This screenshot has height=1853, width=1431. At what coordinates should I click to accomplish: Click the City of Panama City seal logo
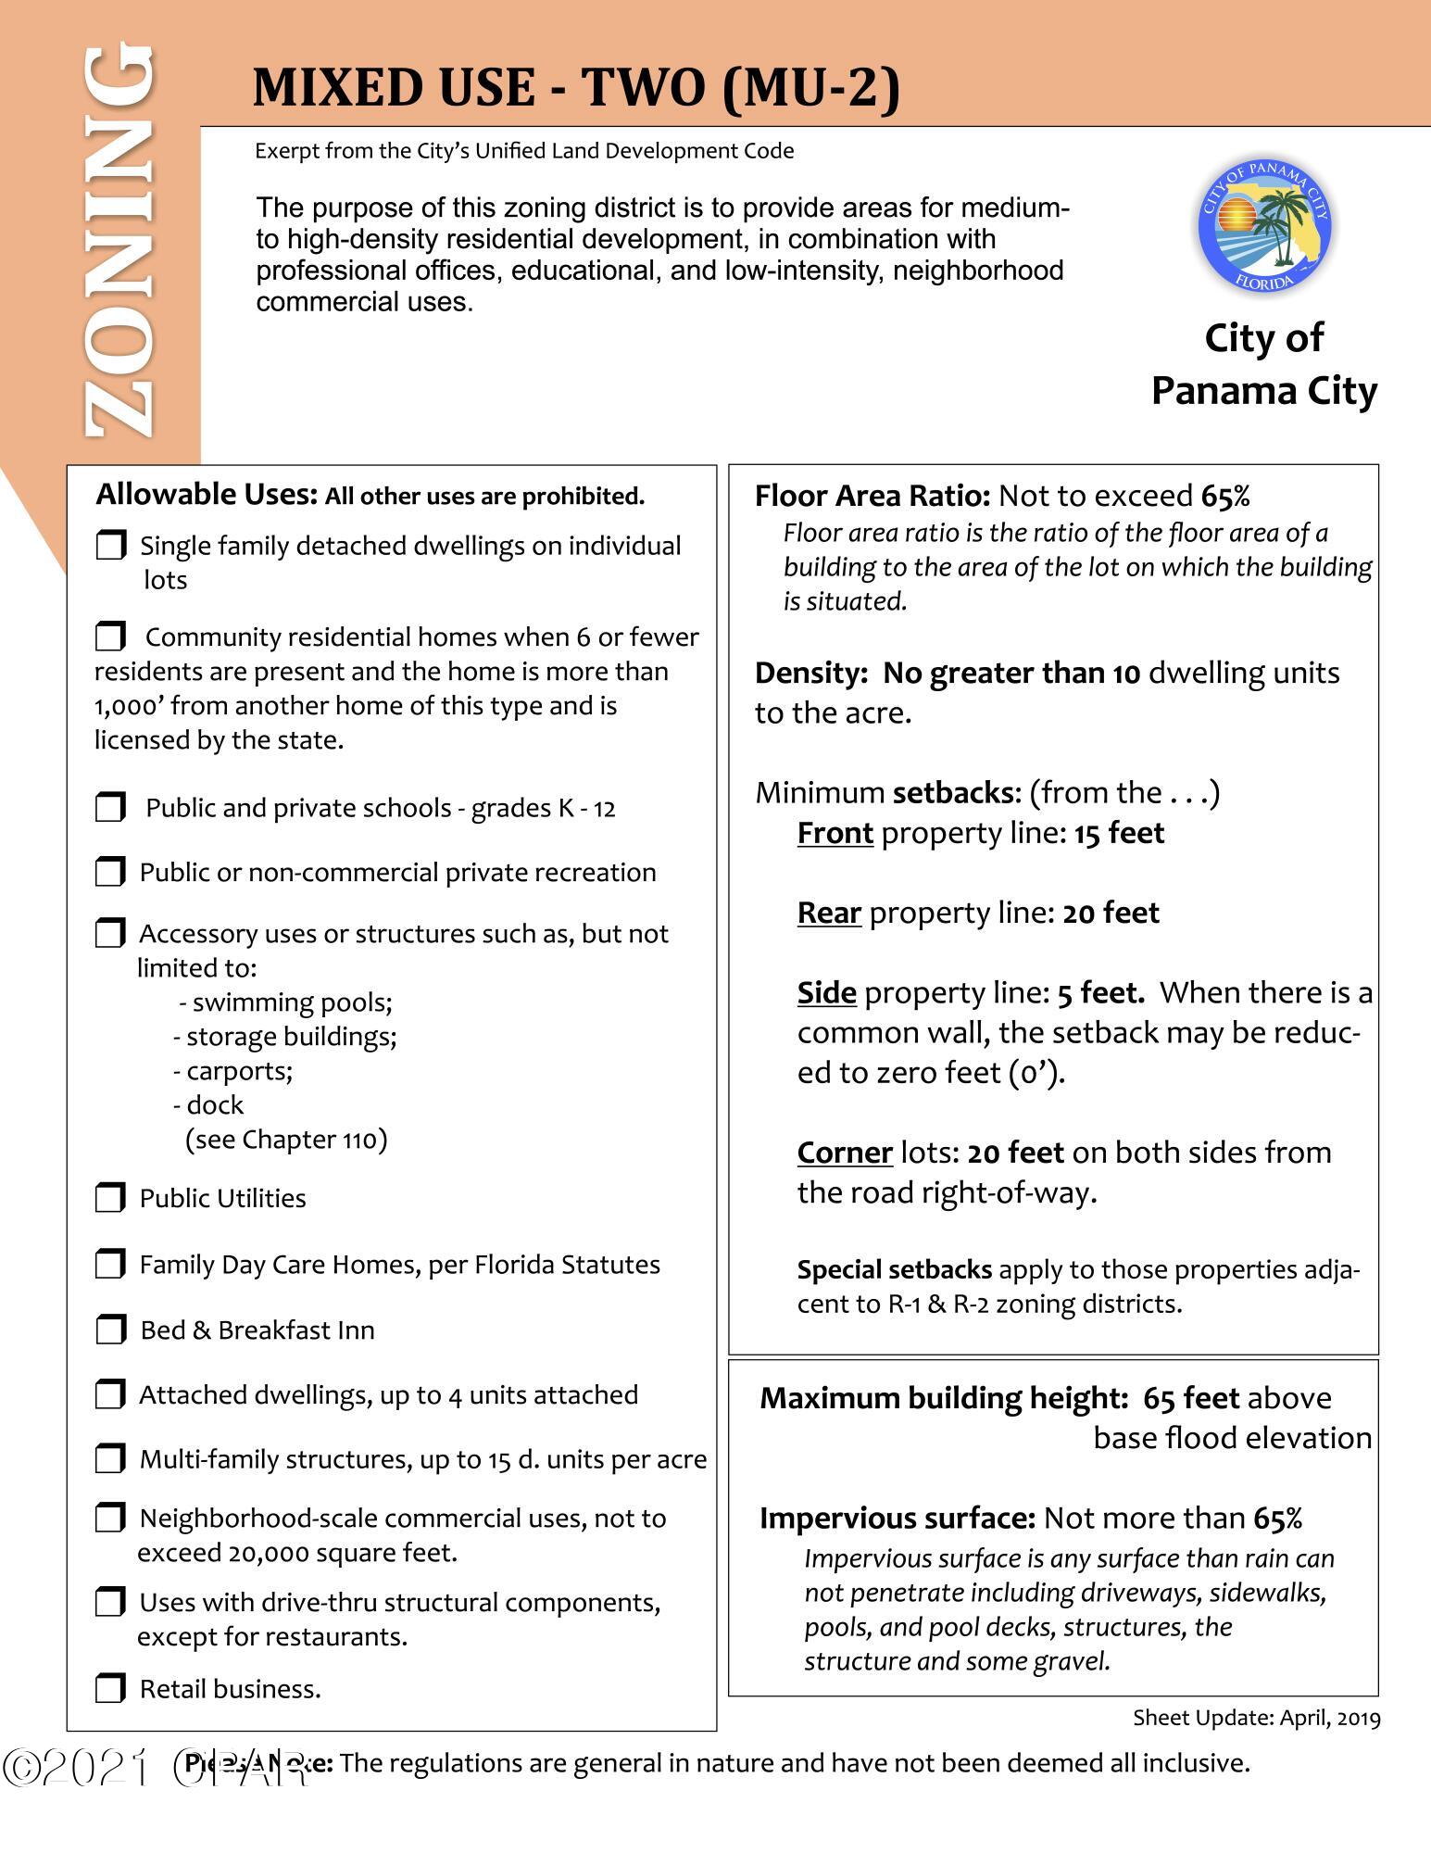(x=1264, y=225)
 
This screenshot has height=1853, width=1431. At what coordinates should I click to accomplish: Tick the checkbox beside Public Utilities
(x=110, y=1198)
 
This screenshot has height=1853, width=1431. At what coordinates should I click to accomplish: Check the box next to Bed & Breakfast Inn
(x=110, y=1330)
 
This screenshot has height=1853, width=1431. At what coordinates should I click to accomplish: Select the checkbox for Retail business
(x=110, y=1689)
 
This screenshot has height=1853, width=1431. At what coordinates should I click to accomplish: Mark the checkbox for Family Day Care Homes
(x=110, y=1264)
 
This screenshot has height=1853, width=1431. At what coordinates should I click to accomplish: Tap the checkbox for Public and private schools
(x=110, y=808)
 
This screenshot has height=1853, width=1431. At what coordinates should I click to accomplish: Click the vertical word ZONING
(x=118, y=243)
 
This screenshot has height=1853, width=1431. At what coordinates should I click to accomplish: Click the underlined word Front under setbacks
(x=835, y=833)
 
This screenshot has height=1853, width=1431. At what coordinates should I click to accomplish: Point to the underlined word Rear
(x=829, y=913)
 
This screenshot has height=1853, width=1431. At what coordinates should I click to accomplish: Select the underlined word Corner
(x=845, y=1152)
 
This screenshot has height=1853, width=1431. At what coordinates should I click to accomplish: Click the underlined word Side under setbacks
(x=826, y=992)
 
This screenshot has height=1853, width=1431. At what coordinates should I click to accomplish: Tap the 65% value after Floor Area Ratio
(x=1225, y=497)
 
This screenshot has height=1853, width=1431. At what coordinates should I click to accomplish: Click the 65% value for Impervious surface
(x=1277, y=1518)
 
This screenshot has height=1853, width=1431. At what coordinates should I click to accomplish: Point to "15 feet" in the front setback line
(x=1119, y=833)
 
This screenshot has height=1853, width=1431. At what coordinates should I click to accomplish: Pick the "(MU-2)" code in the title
(x=809, y=89)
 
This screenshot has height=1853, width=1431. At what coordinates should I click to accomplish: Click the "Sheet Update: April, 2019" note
(x=1256, y=1719)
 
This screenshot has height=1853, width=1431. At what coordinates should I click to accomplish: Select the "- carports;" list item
(x=233, y=1071)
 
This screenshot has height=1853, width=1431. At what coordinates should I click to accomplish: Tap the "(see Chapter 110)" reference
(x=286, y=1139)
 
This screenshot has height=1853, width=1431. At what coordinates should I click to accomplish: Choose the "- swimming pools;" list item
(x=286, y=1002)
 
